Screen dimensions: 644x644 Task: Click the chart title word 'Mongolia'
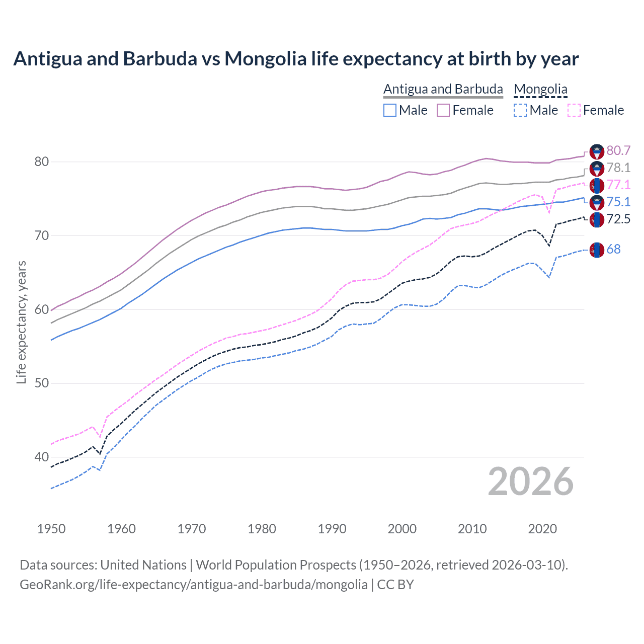[265, 59]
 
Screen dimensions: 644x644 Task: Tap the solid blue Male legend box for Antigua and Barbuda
[390, 110]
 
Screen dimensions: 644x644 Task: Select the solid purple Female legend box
[443, 110]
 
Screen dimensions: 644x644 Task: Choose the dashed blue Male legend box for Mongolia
[520, 110]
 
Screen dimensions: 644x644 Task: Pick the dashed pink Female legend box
[574, 110]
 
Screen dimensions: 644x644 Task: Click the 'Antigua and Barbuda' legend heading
[443, 89]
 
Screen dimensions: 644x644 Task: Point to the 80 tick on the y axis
[41, 162]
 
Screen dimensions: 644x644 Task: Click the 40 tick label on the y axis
[41, 457]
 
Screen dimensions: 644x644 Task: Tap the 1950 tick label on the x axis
[51, 529]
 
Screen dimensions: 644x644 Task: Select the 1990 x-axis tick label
[332, 529]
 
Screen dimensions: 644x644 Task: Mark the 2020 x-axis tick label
[542, 529]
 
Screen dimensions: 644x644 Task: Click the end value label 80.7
[618, 150]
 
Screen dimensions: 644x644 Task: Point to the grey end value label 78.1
[618, 168]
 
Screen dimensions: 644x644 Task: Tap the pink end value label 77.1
[618, 185]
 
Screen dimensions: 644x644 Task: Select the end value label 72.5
[618, 219]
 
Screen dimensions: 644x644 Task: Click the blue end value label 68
[613, 249]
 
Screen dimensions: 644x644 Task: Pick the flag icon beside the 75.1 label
[597, 202]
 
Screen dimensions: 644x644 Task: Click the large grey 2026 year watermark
[531, 481]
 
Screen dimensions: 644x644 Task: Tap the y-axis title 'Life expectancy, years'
[21, 322]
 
